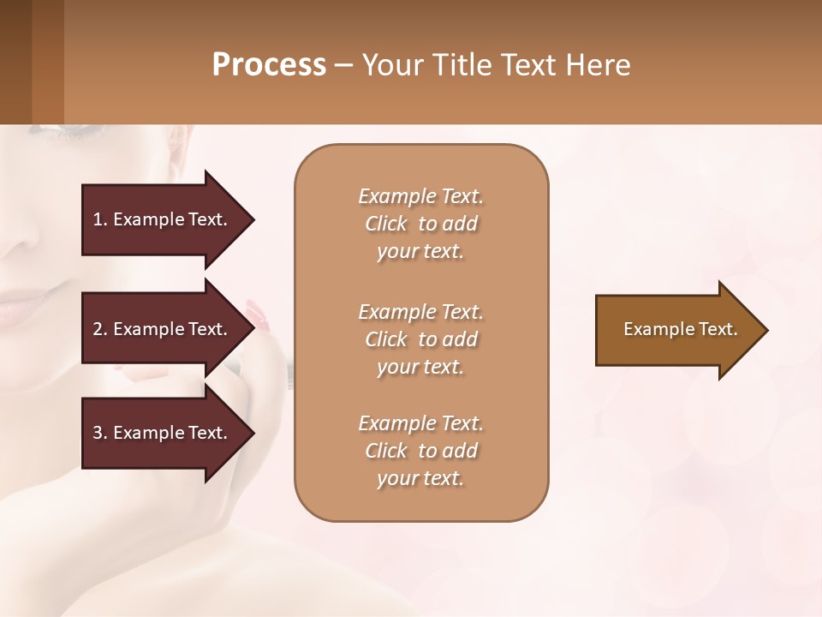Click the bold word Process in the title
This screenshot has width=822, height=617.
click(269, 65)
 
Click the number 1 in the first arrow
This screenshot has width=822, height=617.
click(98, 219)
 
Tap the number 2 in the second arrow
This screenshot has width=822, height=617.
click(98, 329)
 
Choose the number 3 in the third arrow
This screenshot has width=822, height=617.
click(98, 433)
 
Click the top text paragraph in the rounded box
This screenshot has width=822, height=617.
click(420, 224)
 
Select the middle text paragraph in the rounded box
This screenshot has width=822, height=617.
click(420, 339)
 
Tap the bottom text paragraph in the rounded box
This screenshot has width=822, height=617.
click(420, 451)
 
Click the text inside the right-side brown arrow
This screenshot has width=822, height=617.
click(680, 329)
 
